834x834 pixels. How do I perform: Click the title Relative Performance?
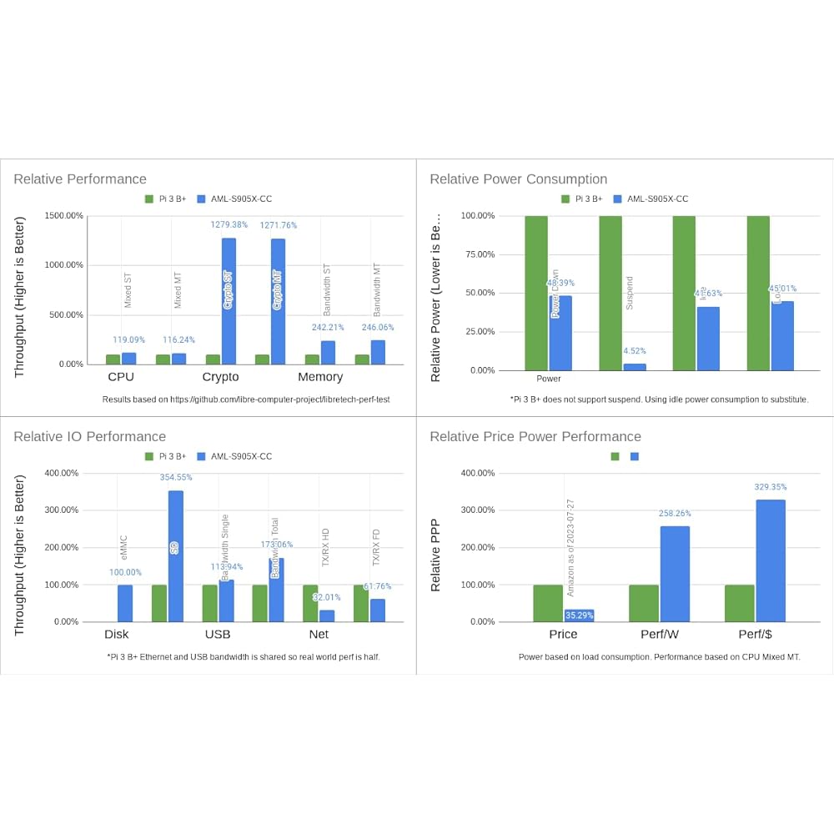point(80,179)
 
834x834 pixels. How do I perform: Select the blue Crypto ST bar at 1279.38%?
point(229,300)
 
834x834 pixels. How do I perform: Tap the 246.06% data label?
point(378,328)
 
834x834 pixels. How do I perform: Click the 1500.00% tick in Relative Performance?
point(63,216)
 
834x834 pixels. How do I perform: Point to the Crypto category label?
point(220,377)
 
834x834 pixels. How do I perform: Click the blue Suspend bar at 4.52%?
point(635,367)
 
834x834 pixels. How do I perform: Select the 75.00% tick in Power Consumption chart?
point(479,254)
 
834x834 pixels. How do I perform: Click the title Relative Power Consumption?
point(518,179)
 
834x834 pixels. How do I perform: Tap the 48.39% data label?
point(560,284)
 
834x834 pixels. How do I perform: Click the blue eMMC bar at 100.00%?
point(125,603)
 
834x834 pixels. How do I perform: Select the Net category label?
point(319,635)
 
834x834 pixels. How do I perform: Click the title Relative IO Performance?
point(90,437)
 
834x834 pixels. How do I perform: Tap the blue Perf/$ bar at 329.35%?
point(771,560)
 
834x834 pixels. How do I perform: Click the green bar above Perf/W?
point(643,603)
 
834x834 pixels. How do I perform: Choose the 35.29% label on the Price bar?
point(579,616)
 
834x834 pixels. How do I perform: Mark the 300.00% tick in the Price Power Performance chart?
point(479,510)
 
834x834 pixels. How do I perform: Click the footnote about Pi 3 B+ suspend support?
point(659,400)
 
